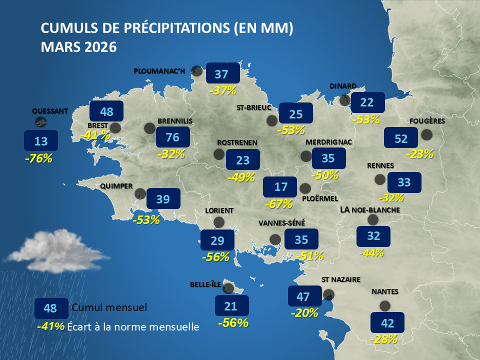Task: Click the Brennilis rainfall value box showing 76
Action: (x=173, y=137)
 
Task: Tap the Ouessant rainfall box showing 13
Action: (x=41, y=141)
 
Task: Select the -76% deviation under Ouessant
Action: (x=38, y=158)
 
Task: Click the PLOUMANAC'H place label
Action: (x=159, y=71)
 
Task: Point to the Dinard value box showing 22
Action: (x=367, y=102)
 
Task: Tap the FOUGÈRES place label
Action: (x=426, y=121)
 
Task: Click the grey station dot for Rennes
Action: (x=380, y=179)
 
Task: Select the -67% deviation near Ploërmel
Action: (x=278, y=203)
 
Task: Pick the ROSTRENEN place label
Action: (x=237, y=142)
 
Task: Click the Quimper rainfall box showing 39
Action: (x=163, y=199)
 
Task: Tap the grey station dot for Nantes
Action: (x=384, y=305)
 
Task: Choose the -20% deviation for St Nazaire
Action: (x=304, y=313)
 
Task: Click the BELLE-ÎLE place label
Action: (x=205, y=284)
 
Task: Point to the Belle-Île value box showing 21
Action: (x=231, y=305)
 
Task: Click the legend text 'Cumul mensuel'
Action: (x=109, y=307)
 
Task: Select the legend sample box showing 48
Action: (x=50, y=308)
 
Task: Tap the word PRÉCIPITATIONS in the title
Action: (x=170, y=28)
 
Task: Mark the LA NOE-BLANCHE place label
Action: (x=370, y=210)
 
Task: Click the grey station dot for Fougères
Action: (x=426, y=134)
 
